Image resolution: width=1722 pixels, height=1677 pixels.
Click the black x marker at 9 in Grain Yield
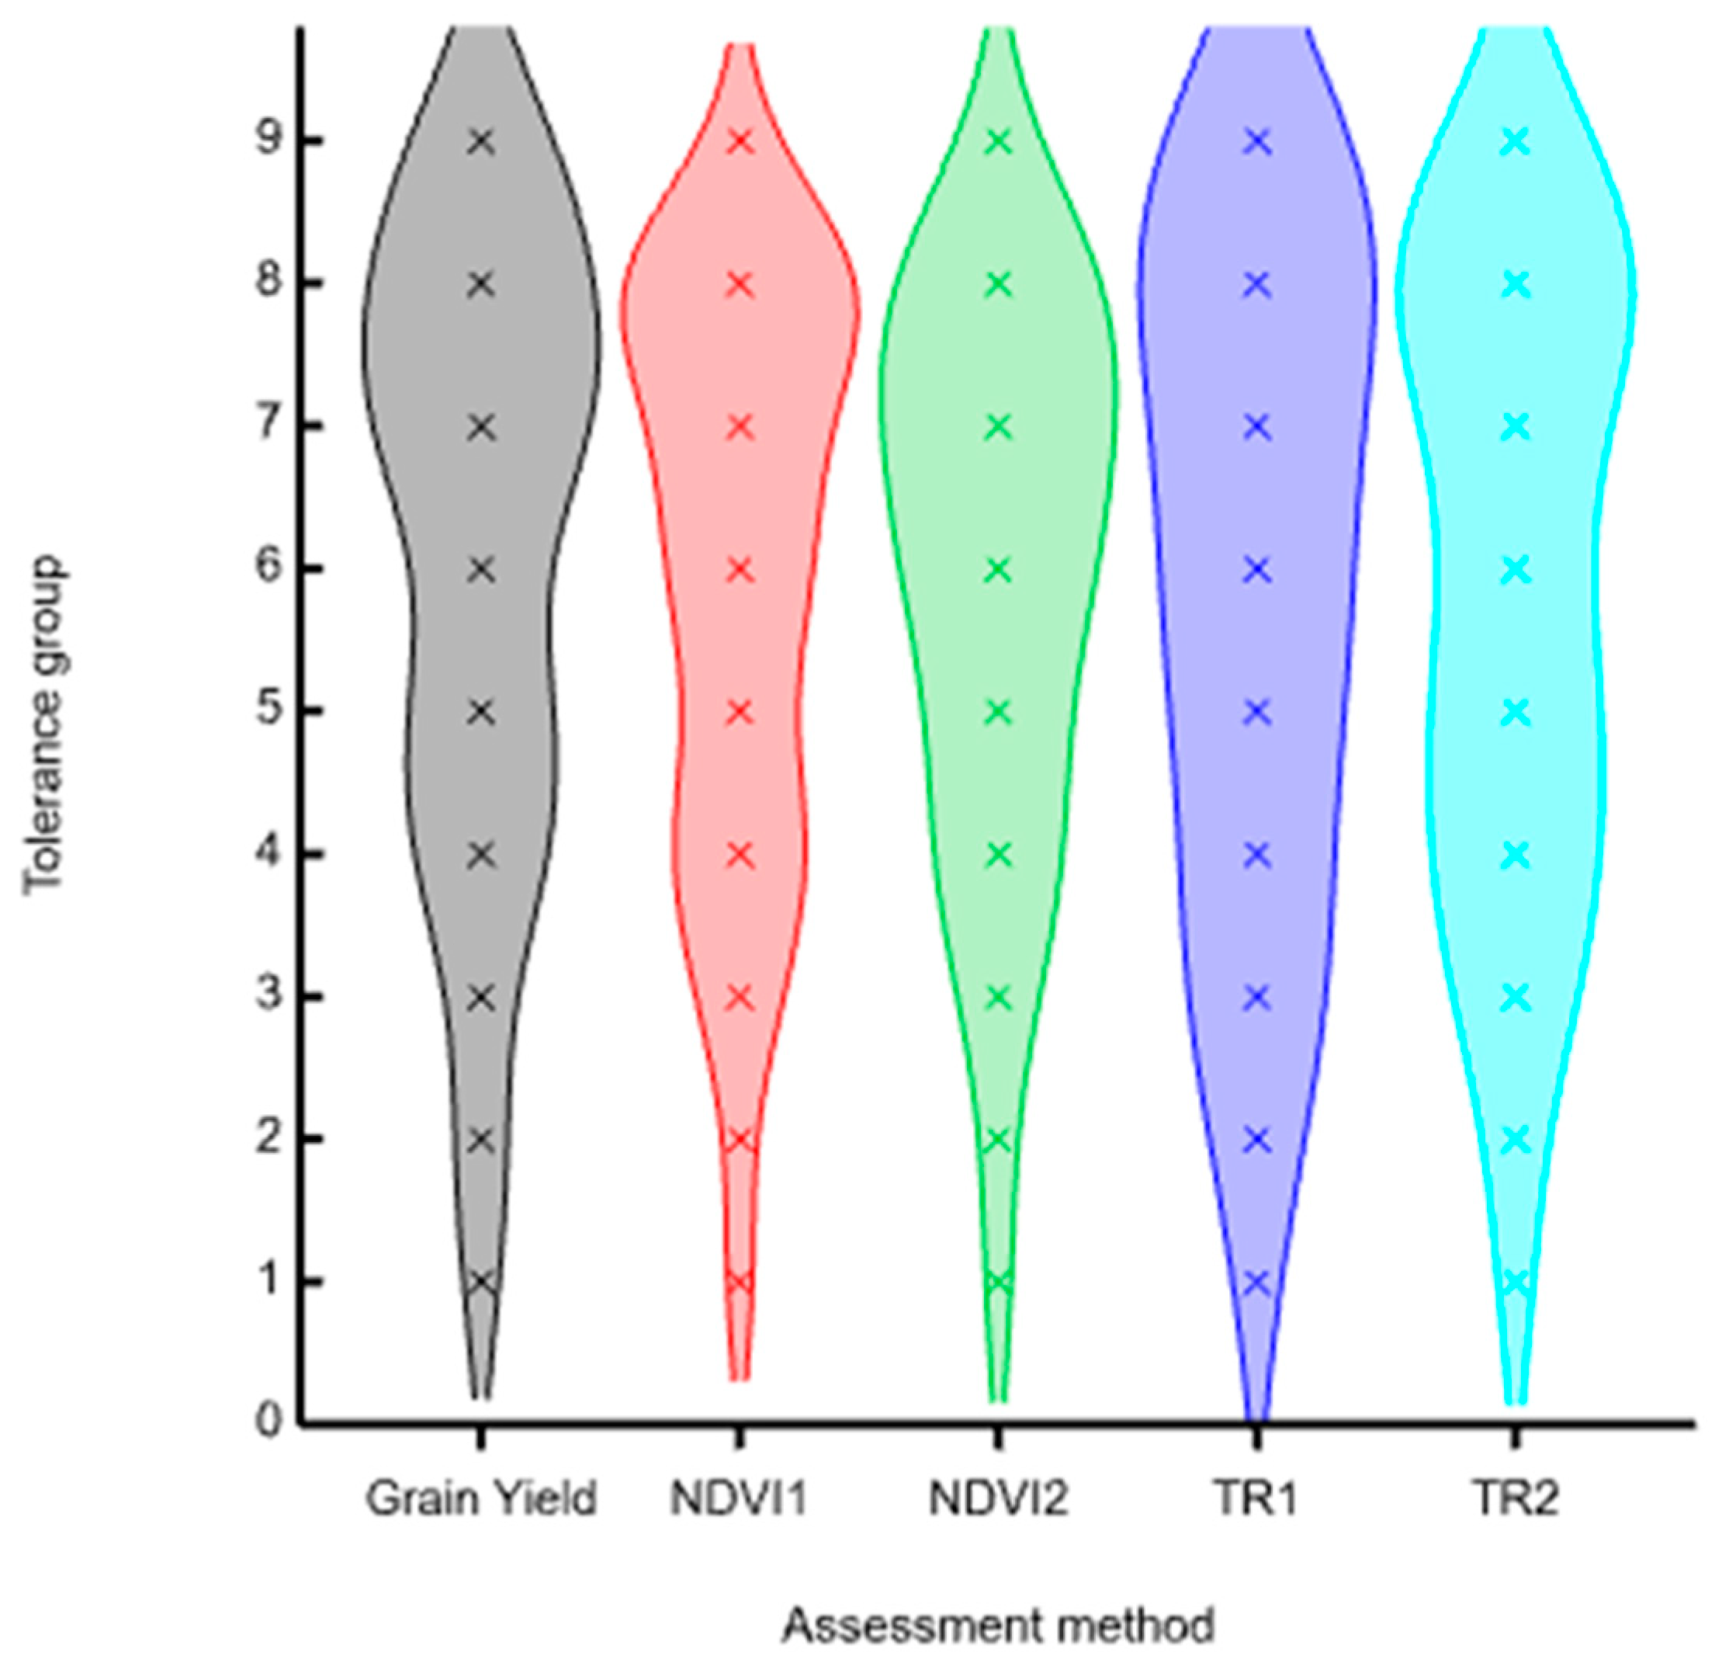click(480, 142)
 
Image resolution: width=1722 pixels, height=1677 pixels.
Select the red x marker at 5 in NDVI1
click(740, 711)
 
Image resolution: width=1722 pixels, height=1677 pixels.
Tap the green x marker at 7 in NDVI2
click(998, 427)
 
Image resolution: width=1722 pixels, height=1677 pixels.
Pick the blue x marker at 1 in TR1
click(1257, 1283)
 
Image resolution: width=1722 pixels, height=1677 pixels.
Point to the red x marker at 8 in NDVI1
click(740, 284)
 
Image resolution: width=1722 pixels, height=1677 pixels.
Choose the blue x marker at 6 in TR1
click(1257, 570)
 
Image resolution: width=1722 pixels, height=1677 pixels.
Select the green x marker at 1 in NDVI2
click(998, 1283)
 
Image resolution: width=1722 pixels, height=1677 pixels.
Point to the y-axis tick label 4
click(270, 853)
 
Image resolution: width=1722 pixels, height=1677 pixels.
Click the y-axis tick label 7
click(270, 427)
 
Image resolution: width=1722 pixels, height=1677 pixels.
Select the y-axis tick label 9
click(270, 142)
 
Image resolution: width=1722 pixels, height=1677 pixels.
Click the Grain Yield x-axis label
click(480, 1498)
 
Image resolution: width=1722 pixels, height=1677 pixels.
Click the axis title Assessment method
click(997, 1626)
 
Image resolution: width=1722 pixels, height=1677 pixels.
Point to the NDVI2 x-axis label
click(998, 1498)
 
